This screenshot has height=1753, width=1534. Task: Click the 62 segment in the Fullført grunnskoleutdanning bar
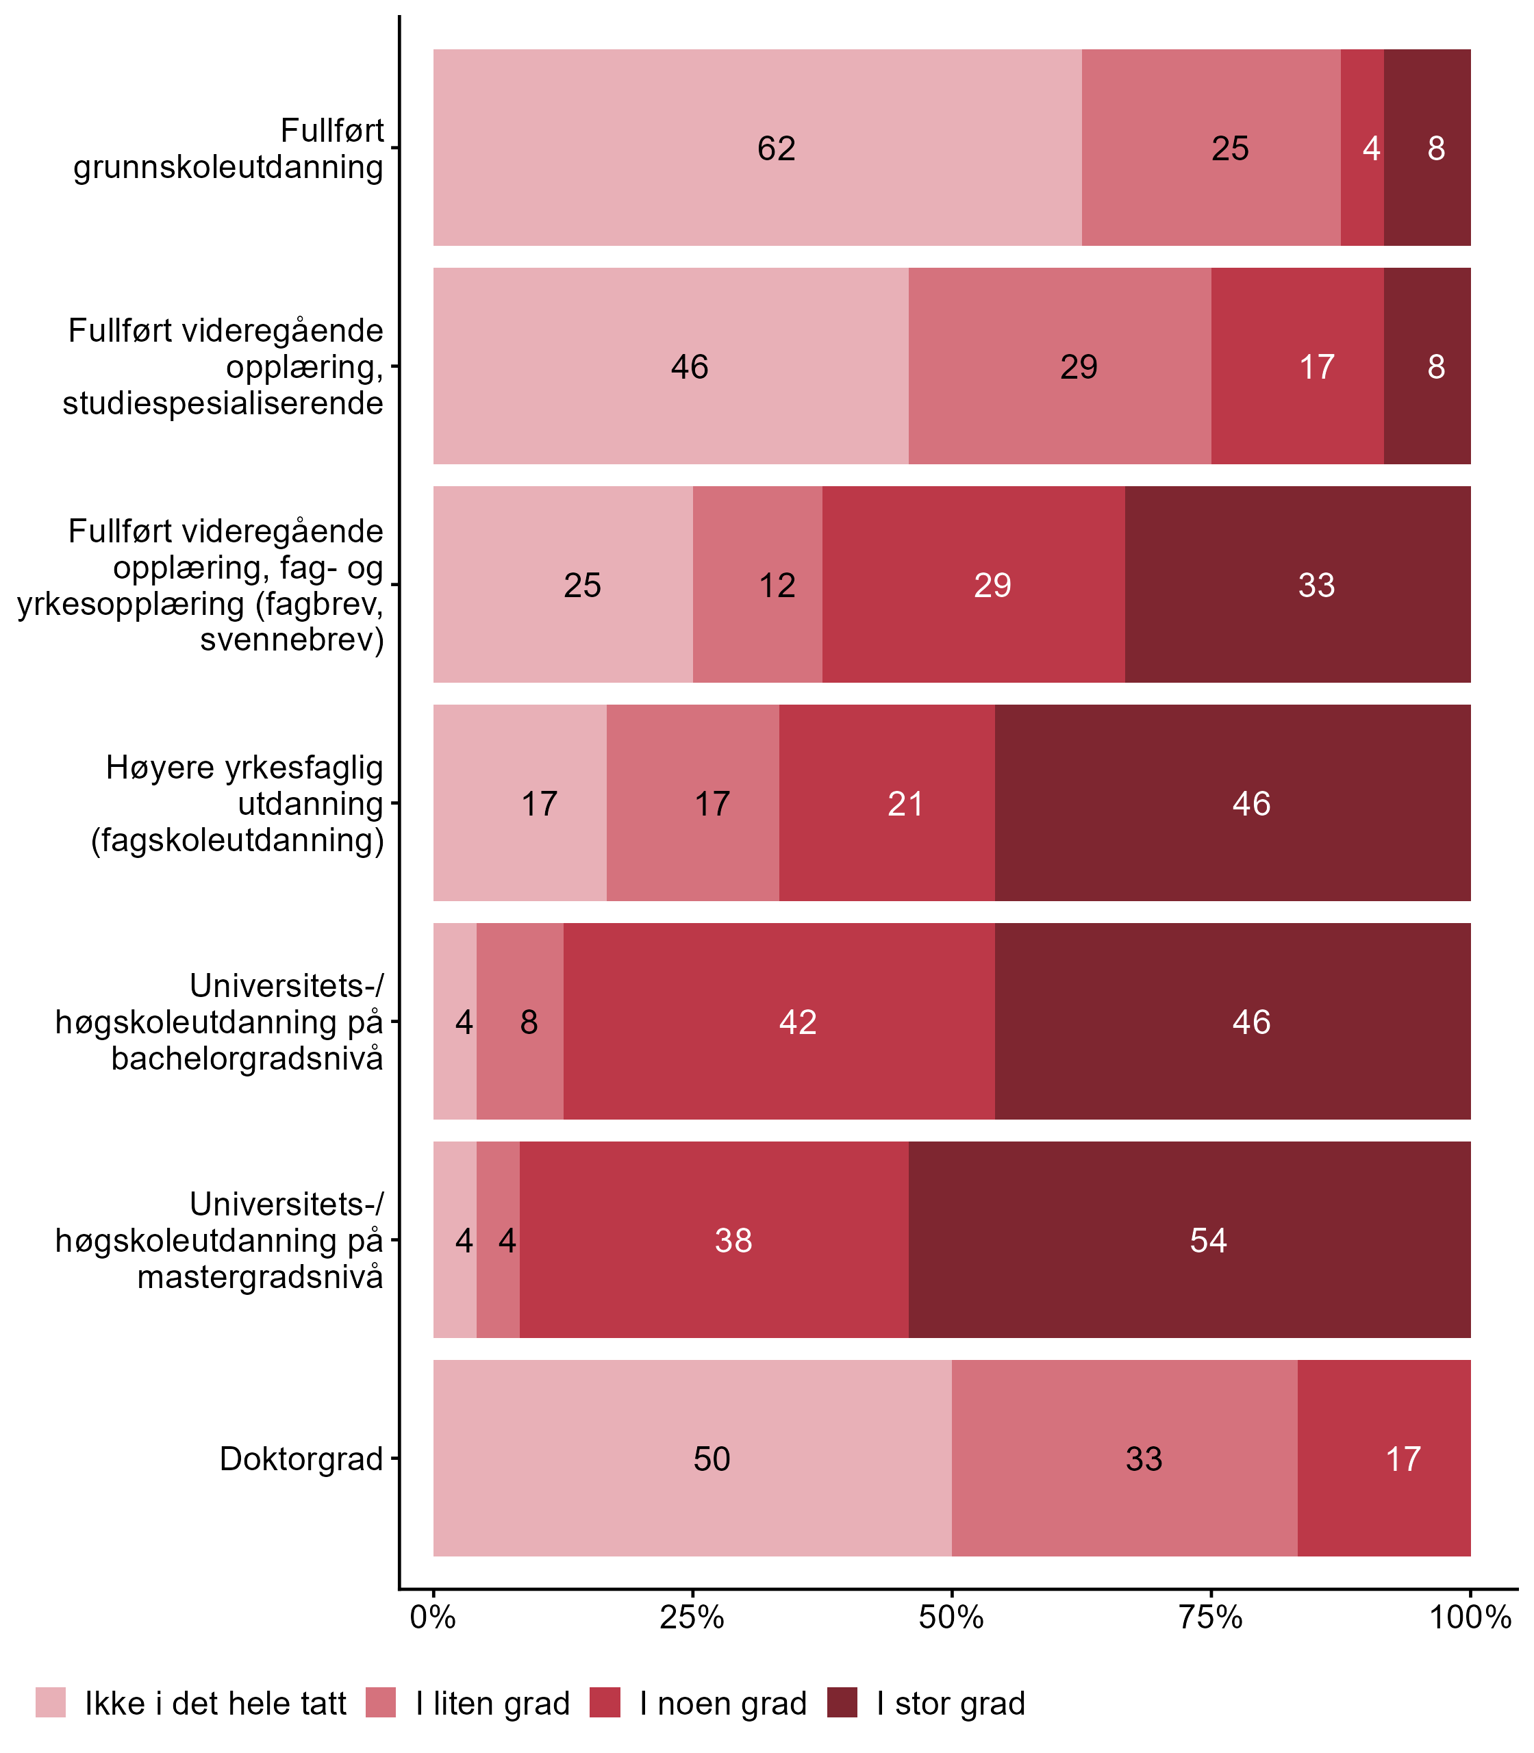coord(757,147)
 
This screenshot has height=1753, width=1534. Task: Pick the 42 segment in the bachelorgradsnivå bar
coord(779,1021)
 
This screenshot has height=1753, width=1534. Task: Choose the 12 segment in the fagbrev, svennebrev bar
coord(757,585)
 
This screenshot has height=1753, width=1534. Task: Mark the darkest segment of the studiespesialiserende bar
coord(1427,366)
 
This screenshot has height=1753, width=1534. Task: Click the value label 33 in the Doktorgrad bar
coord(1144,1459)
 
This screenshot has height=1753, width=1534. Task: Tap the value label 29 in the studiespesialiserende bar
coord(1079,367)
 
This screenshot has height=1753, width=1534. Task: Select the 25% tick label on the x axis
coord(692,1617)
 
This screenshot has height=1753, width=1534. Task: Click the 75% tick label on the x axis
coord(1211,1617)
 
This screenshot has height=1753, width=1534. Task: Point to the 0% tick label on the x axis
coord(433,1617)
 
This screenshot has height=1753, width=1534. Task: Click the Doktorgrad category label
coord(301,1459)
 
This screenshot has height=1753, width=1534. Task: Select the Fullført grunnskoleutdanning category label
coord(229,148)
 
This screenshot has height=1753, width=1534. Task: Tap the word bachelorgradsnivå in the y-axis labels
coord(247,1059)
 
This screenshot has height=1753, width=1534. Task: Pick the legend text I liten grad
coord(492,1704)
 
